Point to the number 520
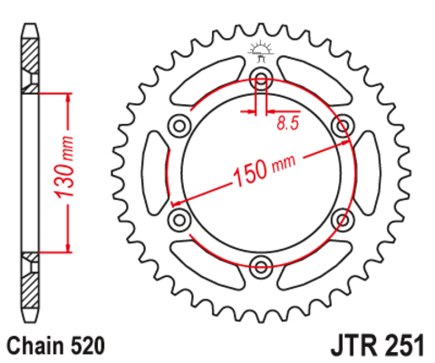(89, 345)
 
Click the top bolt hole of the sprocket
(261, 75)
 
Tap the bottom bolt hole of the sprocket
(261, 266)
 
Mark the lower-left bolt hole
(178, 218)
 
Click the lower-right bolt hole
(343, 218)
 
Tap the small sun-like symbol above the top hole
(261, 47)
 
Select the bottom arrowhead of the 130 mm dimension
(66, 246)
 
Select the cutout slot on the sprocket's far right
(371, 170)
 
